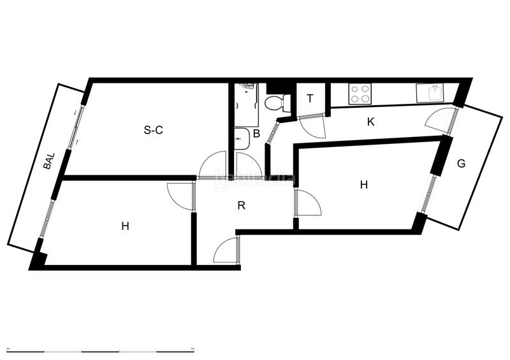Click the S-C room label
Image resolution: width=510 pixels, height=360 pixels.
pyautogui.click(x=154, y=131)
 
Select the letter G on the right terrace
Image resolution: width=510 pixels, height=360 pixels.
pyautogui.click(x=461, y=164)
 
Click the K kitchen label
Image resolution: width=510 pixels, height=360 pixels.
pyautogui.click(x=370, y=122)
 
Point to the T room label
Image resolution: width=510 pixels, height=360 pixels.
pyautogui.click(x=310, y=99)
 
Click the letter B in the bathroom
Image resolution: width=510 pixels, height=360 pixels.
pyautogui.click(x=256, y=134)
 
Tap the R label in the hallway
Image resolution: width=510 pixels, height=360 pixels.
pyautogui.click(x=241, y=205)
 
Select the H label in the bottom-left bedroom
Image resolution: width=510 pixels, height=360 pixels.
pyautogui.click(x=126, y=226)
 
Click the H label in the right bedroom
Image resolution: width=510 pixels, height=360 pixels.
pyautogui.click(x=364, y=185)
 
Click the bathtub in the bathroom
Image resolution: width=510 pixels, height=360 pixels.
pyautogui.click(x=246, y=104)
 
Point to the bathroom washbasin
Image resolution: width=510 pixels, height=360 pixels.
pyautogui.click(x=242, y=138)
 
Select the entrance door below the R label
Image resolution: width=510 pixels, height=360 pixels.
pyautogui.click(x=226, y=250)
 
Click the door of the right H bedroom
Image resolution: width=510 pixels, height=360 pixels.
pyautogui.click(x=308, y=203)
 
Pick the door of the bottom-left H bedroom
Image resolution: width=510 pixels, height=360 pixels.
pyautogui.click(x=180, y=194)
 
